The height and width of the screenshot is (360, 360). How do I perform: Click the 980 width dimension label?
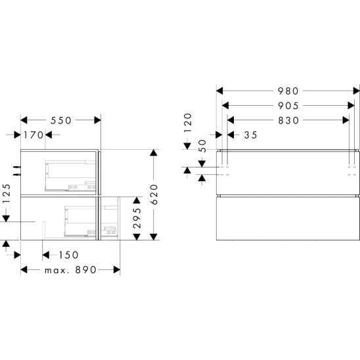288,91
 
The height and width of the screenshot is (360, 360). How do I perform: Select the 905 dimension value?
288,106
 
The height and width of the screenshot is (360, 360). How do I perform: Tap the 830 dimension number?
288,120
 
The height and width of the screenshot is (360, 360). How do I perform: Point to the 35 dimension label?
250,135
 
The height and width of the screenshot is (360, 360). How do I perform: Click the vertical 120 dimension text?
188,123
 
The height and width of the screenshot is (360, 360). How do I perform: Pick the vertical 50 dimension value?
202,146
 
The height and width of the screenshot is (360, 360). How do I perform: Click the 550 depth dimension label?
61,120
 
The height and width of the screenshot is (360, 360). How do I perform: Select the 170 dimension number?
34,135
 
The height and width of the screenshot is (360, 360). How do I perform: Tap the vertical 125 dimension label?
7,193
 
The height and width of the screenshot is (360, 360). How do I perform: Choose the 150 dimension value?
68,255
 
